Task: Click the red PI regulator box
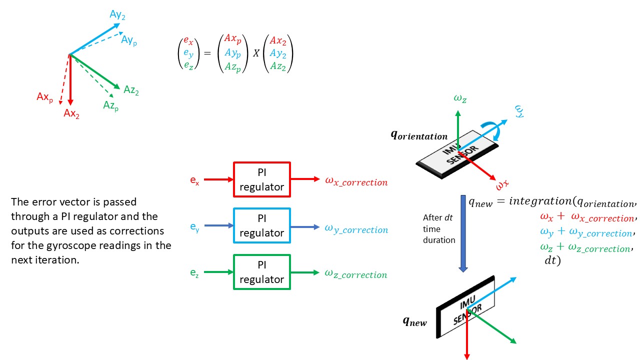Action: (x=261, y=179)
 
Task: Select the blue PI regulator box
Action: (x=261, y=226)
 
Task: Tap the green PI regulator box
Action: (x=261, y=272)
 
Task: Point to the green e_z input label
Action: (x=194, y=273)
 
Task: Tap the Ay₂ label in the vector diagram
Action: (x=117, y=15)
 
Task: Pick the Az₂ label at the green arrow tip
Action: (x=131, y=90)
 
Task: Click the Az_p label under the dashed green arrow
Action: (x=110, y=105)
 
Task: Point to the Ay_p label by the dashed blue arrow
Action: (x=129, y=40)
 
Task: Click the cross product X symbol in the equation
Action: (x=255, y=53)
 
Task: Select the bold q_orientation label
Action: (x=419, y=135)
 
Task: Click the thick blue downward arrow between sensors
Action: (x=463, y=233)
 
